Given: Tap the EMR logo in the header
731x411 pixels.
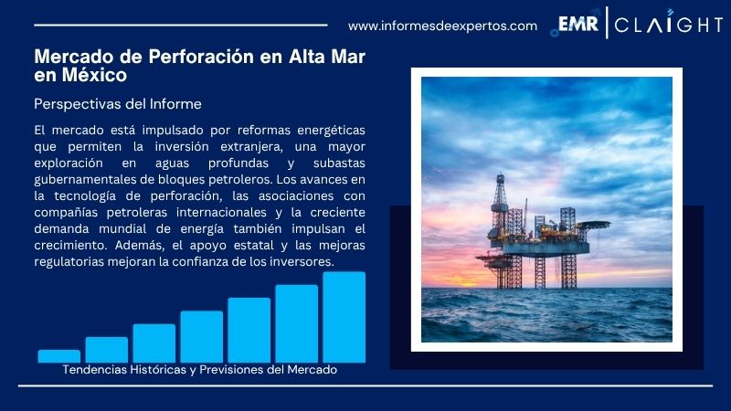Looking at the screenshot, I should click(x=578, y=25).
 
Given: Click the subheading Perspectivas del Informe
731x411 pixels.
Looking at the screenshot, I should click(x=117, y=104).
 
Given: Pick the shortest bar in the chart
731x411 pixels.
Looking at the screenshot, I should click(x=58, y=355).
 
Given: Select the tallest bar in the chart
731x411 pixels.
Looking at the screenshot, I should click(x=344, y=317).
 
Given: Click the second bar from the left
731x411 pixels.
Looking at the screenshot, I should click(x=106, y=349).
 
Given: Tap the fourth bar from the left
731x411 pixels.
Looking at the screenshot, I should click(x=201, y=336).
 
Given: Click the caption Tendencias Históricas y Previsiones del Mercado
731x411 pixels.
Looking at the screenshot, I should click(x=200, y=370).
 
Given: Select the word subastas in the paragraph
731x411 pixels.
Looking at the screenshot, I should click(x=336, y=163).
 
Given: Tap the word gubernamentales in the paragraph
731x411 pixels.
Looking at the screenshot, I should click(x=84, y=180).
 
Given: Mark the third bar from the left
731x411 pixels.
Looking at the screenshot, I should click(x=154, y=342).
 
